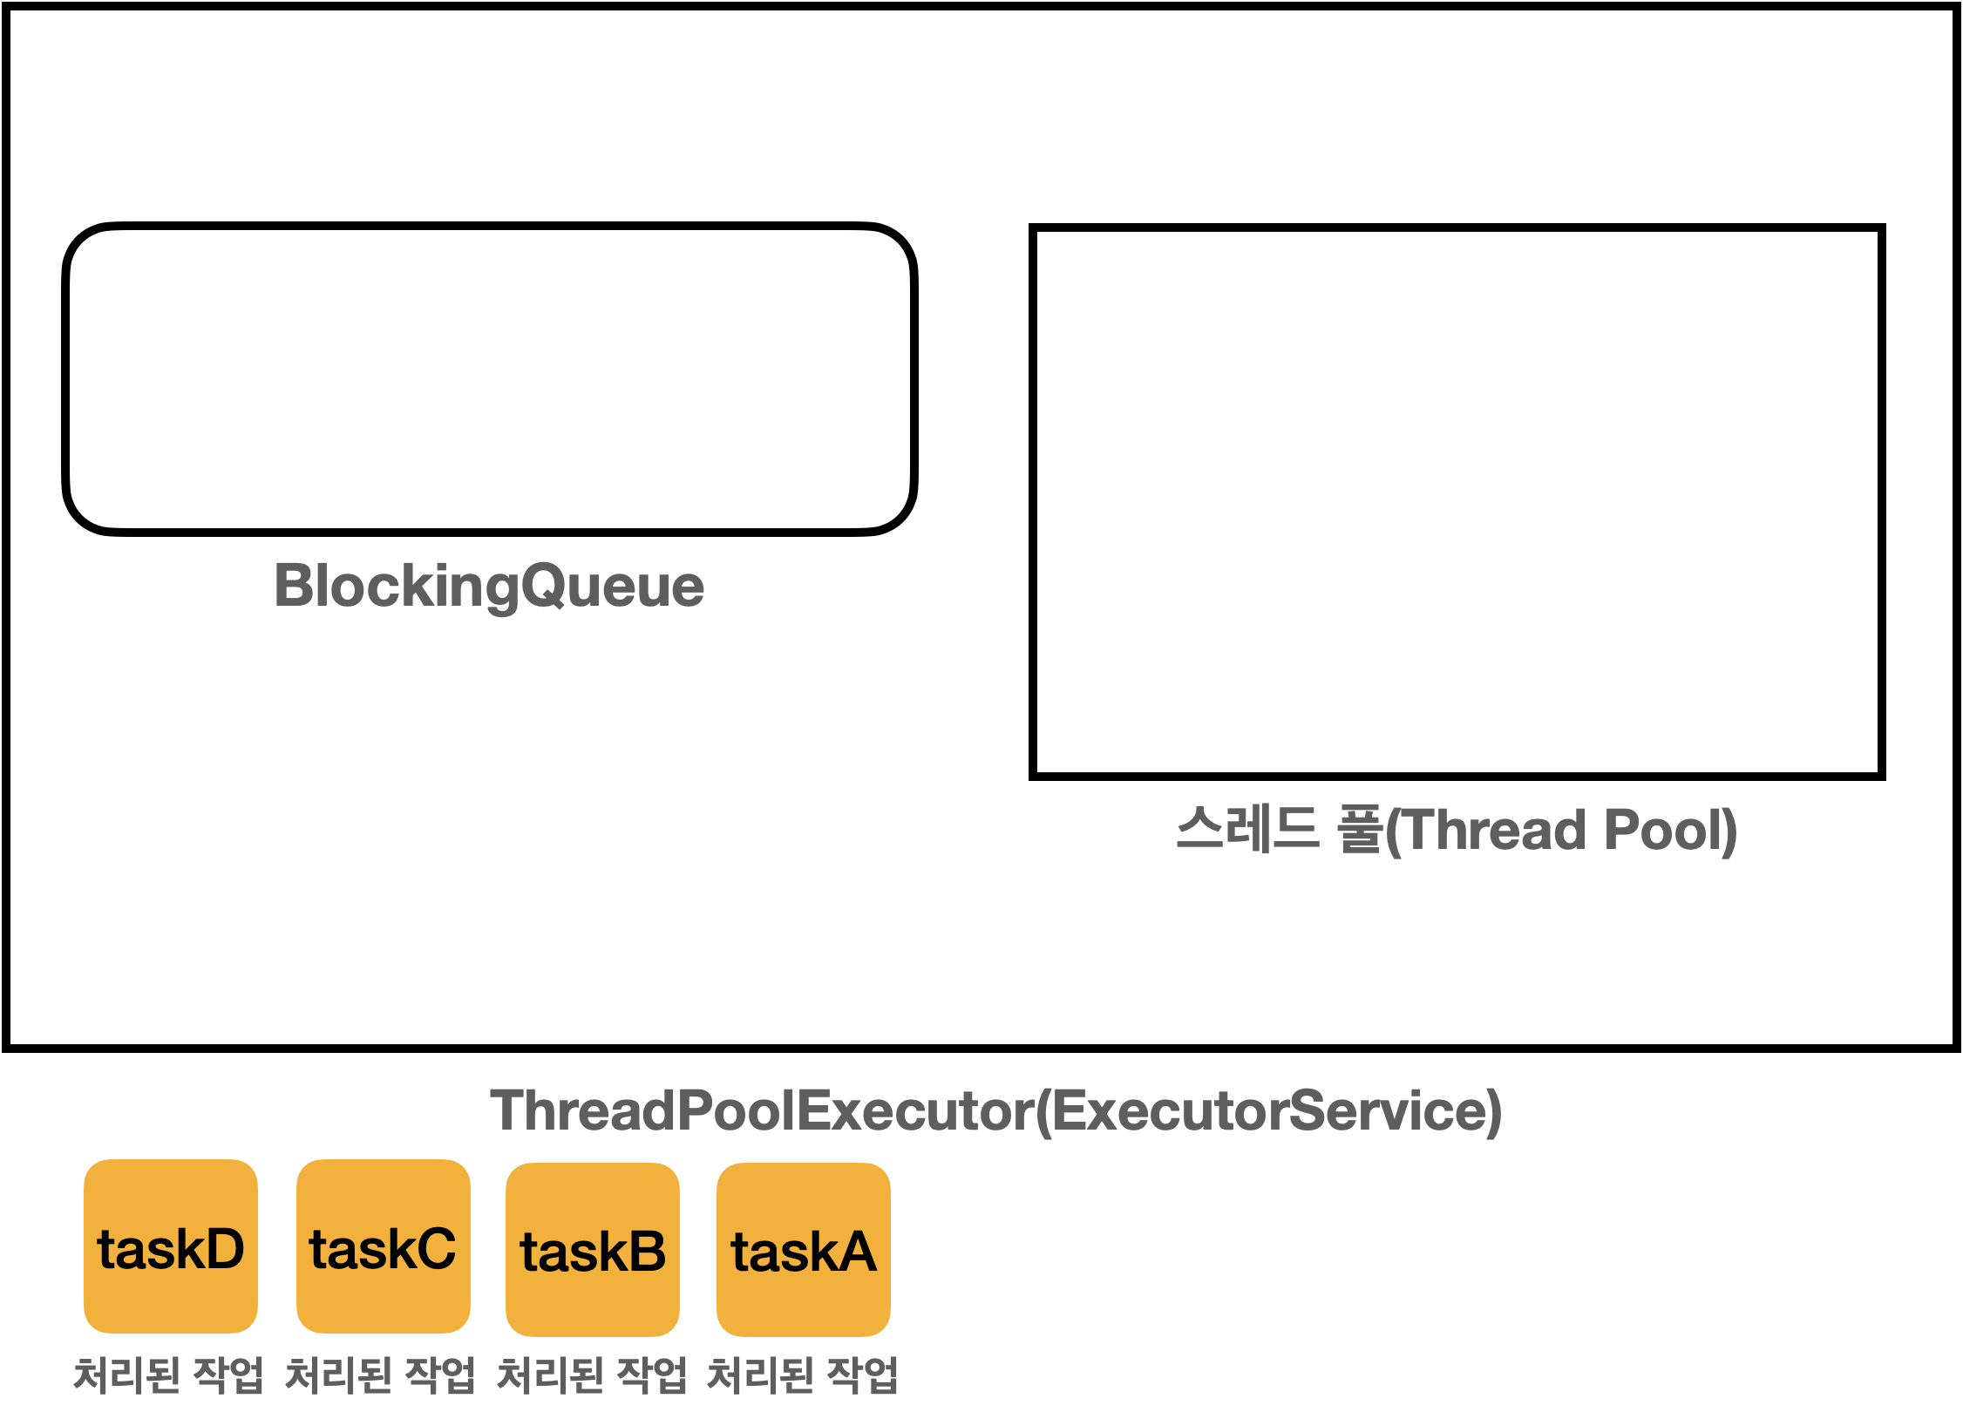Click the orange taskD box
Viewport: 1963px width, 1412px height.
coord(171,1246)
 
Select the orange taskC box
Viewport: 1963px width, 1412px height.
coord(384,1246)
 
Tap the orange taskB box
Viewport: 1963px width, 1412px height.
coord(593,1250)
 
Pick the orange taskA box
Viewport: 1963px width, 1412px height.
coord(804,1250)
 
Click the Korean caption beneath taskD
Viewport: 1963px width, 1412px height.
coord(168,1375)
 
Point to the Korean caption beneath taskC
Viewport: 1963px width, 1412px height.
coord(381,1375)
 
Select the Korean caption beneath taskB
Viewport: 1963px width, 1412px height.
coord(592,1375)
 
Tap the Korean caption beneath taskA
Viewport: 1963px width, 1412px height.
coord(803,1375)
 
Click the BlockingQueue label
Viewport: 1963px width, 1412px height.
coord(489,586)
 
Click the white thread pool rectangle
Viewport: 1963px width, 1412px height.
coord(1457,502)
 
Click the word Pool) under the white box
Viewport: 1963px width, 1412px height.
coord(1670,830)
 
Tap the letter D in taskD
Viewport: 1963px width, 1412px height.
coord(222,1248)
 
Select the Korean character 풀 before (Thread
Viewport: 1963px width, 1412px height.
coord(1360,828)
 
